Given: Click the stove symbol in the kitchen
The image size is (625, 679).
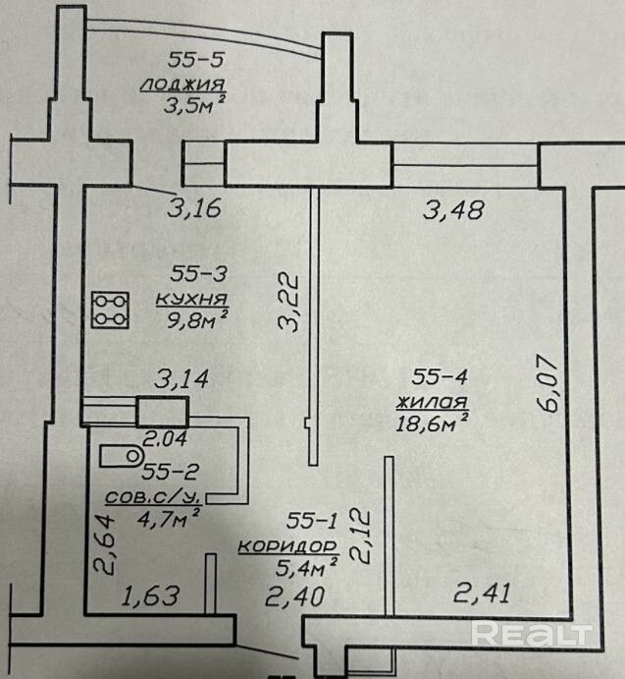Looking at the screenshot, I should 109,310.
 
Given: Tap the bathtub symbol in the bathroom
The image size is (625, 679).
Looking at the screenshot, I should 121,455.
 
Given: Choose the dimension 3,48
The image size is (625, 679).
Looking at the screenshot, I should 452,209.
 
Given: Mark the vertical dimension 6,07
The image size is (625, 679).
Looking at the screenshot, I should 548,383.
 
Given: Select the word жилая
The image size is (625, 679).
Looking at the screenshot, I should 432,400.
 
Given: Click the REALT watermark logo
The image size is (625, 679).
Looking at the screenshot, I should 531,634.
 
